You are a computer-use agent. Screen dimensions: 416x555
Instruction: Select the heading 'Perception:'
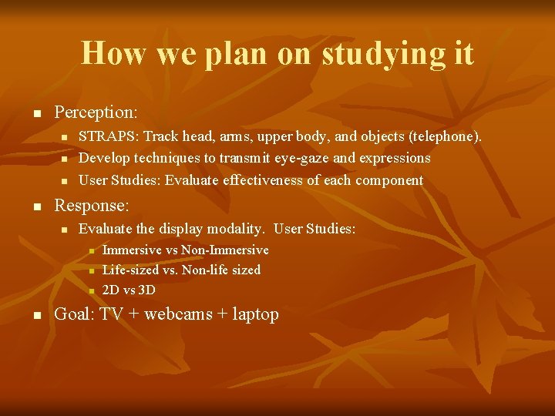(x=96, y=112)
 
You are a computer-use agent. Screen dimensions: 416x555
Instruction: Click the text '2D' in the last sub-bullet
(x=110, y=290)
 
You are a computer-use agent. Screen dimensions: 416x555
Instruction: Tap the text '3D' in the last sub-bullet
(x=146, y=290)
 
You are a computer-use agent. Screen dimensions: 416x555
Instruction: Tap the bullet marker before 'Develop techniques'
(x=64, y=159)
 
